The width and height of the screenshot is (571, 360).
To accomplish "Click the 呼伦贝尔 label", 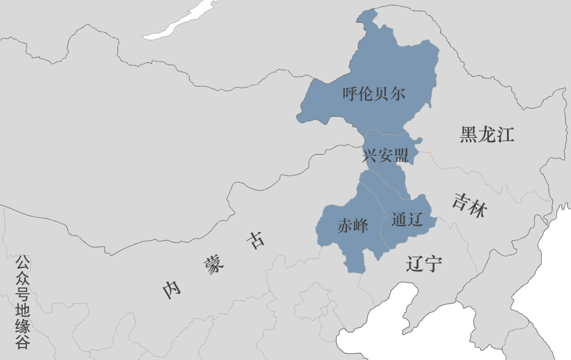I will point(374,95).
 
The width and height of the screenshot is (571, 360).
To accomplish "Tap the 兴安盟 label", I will point(385,155).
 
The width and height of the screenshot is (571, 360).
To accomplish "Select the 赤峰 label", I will point(353,226).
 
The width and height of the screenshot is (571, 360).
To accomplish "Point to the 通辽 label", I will point(408,220).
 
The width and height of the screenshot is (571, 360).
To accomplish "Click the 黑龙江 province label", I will point(486,135).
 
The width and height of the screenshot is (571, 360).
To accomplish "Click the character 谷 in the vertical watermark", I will point(22,343).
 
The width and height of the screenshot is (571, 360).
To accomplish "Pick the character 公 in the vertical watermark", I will point(22,262).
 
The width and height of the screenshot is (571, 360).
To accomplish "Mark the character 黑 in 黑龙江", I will point(468,135).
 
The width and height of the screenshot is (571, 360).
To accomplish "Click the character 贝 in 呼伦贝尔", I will point(382,95).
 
